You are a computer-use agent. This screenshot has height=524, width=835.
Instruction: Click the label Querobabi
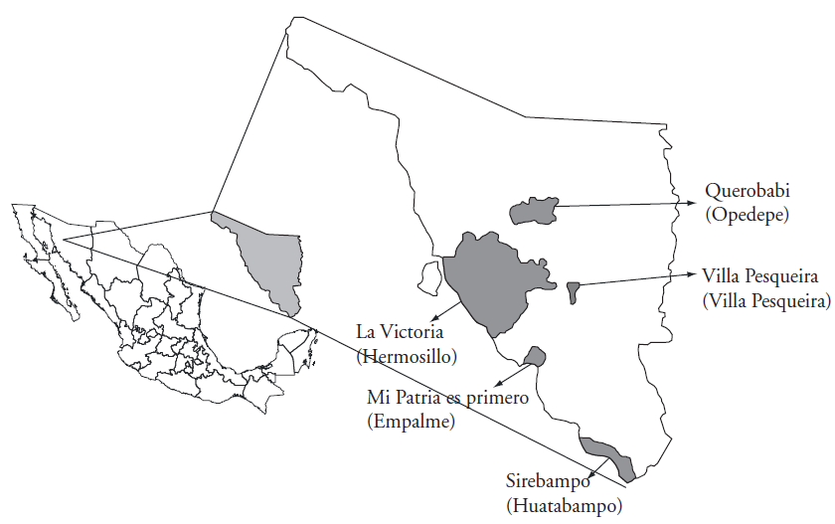[x=745, y=191]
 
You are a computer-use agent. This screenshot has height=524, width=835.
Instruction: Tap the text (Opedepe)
[x=746, y=214]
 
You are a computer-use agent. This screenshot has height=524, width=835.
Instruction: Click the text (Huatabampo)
[x=564, y=506]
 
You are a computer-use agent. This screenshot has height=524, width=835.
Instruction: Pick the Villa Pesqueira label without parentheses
[x=758, y=276]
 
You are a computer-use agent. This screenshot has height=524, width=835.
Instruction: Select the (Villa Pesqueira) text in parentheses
[x=765, y=299]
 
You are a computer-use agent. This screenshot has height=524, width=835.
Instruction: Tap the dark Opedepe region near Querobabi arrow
[x=532, y=210]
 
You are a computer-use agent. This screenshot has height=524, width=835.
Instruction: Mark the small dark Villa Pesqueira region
[x=573, y=291]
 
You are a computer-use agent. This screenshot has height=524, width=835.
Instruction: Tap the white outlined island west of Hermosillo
[x=429, y=277]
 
